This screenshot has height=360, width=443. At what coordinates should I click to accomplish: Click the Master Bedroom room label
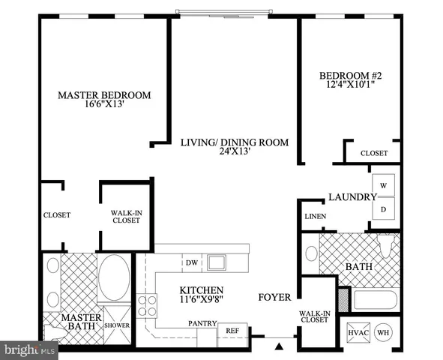point(105,95)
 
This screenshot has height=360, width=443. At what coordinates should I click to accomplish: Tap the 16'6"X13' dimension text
point(105,106)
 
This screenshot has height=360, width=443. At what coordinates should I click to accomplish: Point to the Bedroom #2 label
point(346,75)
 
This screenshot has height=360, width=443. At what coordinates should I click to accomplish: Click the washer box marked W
point(382,184)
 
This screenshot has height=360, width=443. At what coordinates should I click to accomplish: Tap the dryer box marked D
point(382,209)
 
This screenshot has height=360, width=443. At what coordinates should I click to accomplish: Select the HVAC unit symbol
point(355,331)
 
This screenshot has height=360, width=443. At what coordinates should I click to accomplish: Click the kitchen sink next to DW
point(217,262)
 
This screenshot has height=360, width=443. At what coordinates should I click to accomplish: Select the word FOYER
point(274,298)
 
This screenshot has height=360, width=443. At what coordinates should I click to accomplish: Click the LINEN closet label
point(314,217)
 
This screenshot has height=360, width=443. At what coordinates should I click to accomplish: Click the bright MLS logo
point(30,349)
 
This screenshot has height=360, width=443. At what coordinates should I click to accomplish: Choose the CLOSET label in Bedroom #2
point(373,153)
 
